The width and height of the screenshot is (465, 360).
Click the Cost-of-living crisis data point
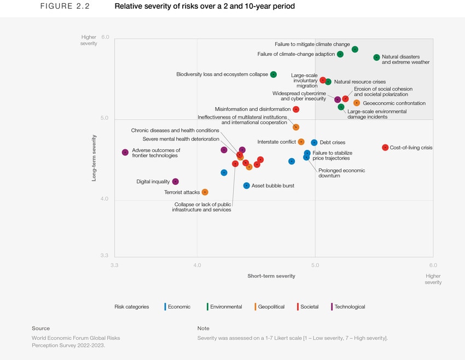385,148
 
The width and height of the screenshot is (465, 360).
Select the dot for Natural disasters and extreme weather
376,57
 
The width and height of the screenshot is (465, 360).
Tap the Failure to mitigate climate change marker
355,49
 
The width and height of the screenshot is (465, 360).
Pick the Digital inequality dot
175,182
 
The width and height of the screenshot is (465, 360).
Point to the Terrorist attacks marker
205,192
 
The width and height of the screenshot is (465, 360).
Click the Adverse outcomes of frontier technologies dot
125,153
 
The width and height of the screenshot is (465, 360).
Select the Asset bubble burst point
247,185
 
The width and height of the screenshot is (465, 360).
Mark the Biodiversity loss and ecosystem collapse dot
274,74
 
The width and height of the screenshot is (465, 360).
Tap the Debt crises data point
314,143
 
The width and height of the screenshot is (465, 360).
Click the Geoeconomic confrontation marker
357,103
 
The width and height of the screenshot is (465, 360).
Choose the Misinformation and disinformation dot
296,109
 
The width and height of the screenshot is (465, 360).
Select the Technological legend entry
349,307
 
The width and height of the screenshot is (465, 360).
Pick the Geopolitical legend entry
271,307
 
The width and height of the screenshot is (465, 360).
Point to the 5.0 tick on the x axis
315,265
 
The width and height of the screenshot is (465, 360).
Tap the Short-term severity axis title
271,276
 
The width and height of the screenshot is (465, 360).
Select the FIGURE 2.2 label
65,7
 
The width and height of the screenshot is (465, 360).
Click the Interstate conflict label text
276,142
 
